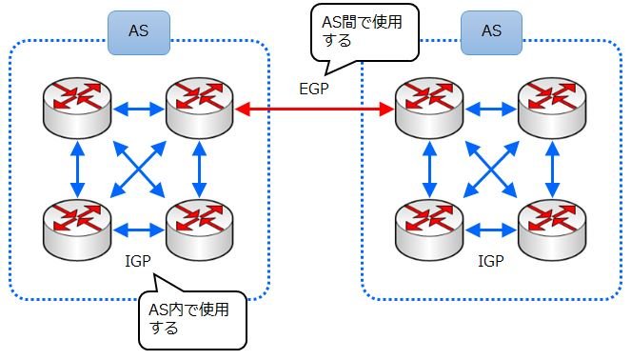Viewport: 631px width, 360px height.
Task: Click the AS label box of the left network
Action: [139, 32]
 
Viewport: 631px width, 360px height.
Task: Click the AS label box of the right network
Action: [491, 32]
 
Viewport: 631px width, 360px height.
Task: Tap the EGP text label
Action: [314, 89]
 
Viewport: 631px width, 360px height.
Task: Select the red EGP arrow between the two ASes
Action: [314, 109]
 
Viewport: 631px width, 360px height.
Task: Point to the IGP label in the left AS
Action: [138, 261]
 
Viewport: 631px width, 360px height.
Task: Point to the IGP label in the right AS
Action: [491, 261]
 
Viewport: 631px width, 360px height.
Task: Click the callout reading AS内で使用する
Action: [192, 319]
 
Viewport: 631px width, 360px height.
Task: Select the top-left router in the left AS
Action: [77, 108]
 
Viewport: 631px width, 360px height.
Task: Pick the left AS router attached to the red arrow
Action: [200, 108]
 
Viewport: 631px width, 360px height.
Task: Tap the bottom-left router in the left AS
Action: [77, 230]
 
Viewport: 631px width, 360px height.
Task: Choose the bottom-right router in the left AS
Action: [200, 230]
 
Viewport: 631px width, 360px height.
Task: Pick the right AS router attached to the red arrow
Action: [429, 108]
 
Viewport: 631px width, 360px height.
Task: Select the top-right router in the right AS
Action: [552, 108]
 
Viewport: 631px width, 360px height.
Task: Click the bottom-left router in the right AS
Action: [429, 230]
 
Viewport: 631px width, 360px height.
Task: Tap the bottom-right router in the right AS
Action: [552, 230]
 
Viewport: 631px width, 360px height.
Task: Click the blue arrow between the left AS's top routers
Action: [138, 109]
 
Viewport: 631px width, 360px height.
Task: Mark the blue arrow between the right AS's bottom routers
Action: [491, 230]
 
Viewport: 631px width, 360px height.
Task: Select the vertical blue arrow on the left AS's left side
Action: [77, 170]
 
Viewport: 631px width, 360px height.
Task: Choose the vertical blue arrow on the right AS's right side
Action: [553, 170]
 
